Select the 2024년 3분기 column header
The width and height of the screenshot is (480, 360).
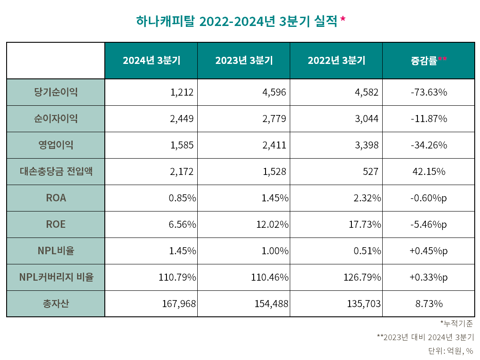click(x=151, y=61)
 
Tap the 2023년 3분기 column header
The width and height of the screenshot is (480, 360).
click(x=244, y=61)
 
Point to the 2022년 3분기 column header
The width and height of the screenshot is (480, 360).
click(x=336, y=61)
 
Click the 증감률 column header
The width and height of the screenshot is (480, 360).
click(x=428, y=61)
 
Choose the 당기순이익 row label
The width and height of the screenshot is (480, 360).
click(x=55, y=92)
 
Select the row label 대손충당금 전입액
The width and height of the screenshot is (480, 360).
click(x=55, y=171)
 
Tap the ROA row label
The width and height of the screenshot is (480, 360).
click(x=55, y=198)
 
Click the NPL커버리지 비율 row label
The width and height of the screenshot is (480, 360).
click(x=55, y=277)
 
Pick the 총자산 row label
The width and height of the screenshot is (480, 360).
click(x=55, y=304)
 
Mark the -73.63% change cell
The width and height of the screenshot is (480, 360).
click(x=428, y=92)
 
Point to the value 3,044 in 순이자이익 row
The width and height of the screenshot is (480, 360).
click(x=366, y=119)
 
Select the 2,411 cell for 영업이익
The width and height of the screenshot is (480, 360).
click(x=274, y=145)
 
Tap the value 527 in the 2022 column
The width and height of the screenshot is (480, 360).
click(x=370, y=171)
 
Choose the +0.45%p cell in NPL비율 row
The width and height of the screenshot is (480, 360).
click(x=428, y=251)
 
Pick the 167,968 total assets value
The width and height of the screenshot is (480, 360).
click(x=177, y=304)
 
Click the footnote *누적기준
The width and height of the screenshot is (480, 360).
click(x=457, y=323)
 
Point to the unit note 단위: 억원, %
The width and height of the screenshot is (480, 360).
click(x=450, y=351)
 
